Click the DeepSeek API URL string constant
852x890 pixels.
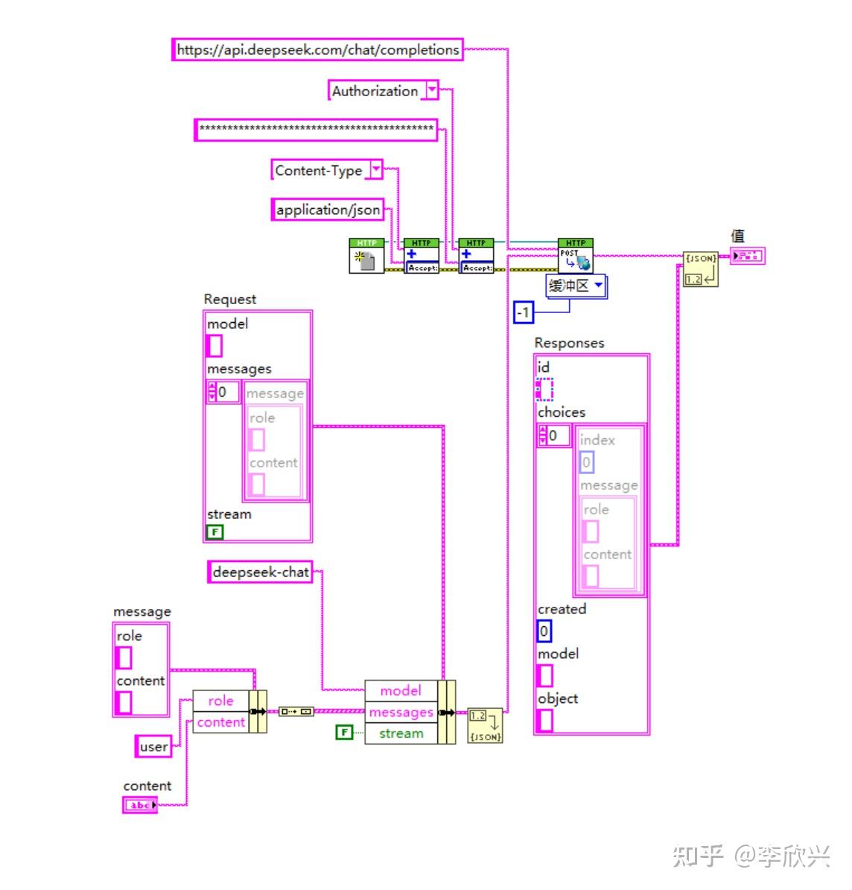tap(317, 50)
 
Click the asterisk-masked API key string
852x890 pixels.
tap(316, 130)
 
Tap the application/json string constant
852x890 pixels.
tap(328, 210)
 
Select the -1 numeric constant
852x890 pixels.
tap(524, 312)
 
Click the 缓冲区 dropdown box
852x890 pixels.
tap(576, 286)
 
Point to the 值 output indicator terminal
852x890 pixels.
tap(746, 257)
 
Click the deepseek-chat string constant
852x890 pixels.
tap(260, 572)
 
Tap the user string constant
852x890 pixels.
tap(153, 747)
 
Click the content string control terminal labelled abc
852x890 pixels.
tap(140, 805)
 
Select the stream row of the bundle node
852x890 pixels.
tap(401, 733)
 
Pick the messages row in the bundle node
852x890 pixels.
tap(401, 713)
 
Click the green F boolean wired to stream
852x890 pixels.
tap(343, 733)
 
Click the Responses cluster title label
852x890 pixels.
tap(569, 343)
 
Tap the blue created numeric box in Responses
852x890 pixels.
tap(544, 631)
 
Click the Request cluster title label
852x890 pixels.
tap(229, 299)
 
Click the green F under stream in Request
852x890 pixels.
tap(214, 532)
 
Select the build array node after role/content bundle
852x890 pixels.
tap(296, 712)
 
